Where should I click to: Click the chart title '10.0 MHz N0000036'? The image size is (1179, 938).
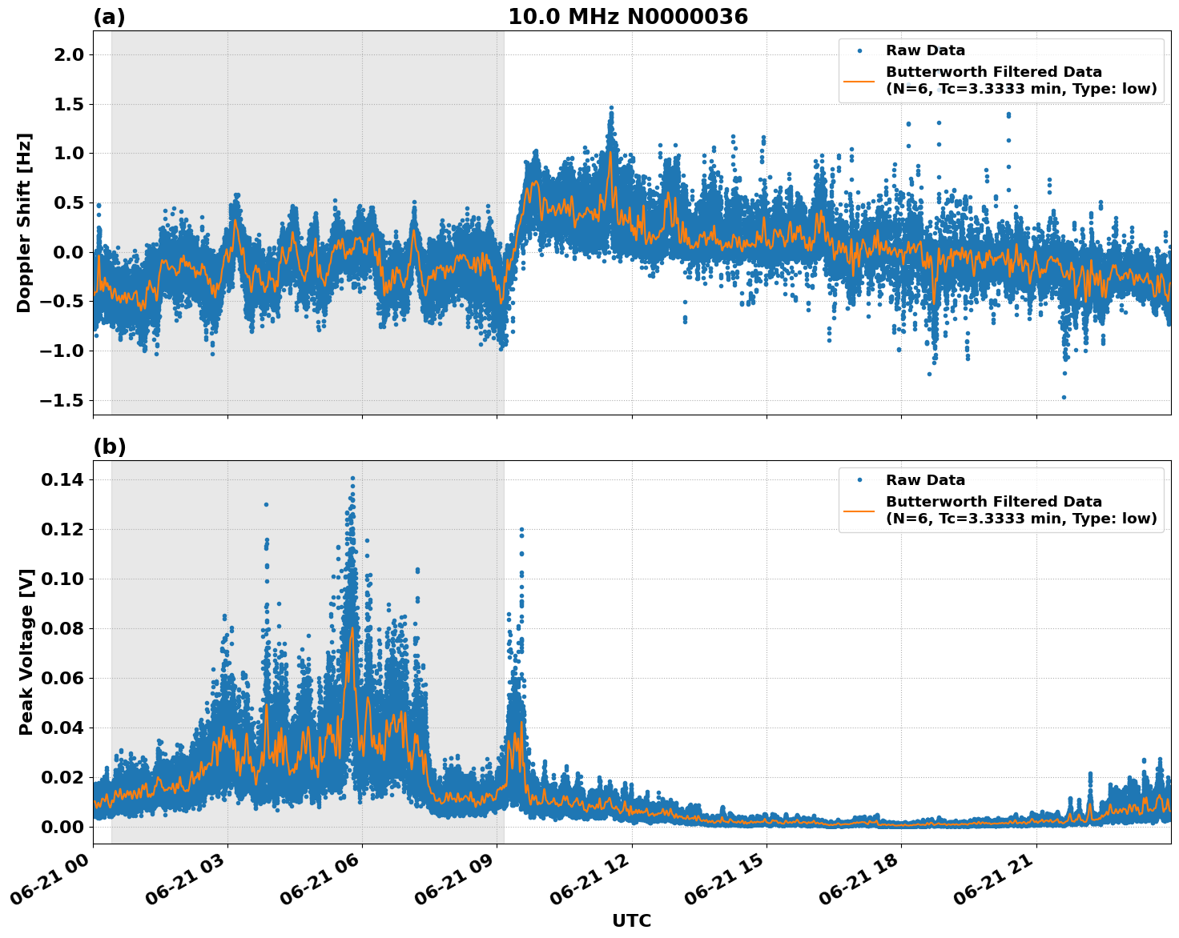point(628,17)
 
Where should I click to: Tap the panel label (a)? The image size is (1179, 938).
point(109,17)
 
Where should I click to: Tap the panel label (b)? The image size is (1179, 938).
point(109,447)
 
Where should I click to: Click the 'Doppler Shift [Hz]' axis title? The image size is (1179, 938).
point(24,222)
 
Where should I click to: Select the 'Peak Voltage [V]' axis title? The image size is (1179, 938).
point(26,652)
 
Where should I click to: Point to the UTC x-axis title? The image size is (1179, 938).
point(631,920)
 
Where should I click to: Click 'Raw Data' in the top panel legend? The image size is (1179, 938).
point(925,50)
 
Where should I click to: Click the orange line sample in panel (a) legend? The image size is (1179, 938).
point(859,81)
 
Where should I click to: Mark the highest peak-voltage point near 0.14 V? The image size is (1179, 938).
point(352,479)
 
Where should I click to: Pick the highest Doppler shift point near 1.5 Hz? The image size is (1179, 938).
point(611,107)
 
